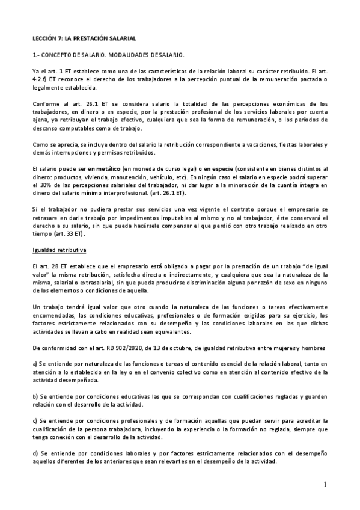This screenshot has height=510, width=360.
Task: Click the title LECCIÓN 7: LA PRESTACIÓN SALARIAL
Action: tap(84, 38)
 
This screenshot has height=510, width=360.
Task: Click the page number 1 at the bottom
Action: tap(324, 485)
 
